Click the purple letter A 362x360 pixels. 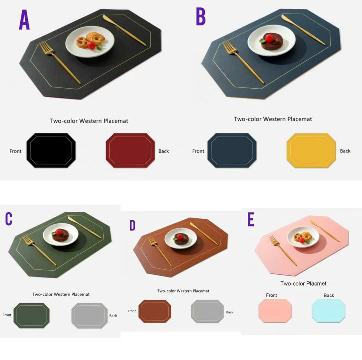(x=24, y=20)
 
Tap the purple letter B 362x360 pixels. (x=201, y=16)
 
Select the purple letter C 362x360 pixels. (x=9, y=219)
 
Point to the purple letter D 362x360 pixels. (x=132, y=225)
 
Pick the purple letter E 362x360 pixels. (x=251, y=219)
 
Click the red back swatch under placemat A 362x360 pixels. (x=130, y=150)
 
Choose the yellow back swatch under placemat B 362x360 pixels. (x=311, y=150)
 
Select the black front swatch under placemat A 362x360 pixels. (x=51, y=150)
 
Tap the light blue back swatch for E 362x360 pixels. (x=328, y=311)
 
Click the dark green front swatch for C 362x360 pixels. (x=32, y=315)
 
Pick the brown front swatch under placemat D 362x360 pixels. (x=155, y=311)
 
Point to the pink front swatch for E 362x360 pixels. (x=275, y=311)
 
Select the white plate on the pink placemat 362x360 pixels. (x=303, y=237)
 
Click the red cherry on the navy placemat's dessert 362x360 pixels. (x=269, y=38)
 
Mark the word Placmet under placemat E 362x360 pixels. (x=316, y=284)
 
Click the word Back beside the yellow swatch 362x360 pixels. (x=345, y=151)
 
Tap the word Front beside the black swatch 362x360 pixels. (x=15, y=151)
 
